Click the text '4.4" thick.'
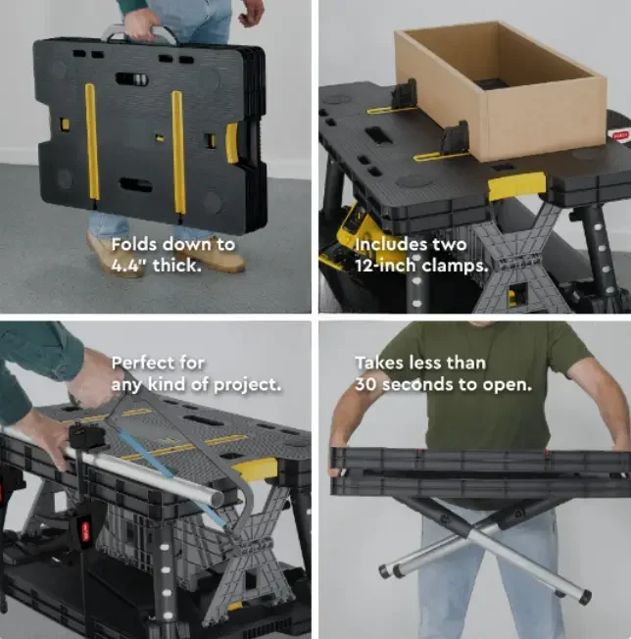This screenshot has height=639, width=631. (157, 265)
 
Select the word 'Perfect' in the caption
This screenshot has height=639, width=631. (145, 363)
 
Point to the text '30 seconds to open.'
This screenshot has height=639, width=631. (443, 384)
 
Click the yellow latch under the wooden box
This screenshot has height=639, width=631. (516, 185)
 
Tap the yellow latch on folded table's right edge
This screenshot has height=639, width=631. (232, 143)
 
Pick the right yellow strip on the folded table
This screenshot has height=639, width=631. (178, 152)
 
